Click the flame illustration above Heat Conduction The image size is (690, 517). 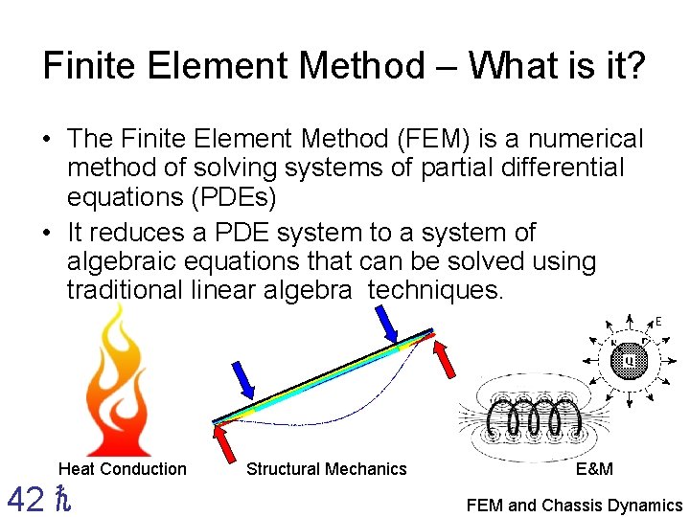click(x=120, y=383)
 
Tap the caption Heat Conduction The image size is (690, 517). click(x=123, y=469)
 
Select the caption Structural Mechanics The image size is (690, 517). click(x=327, y=469)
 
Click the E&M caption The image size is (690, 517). click(x=594, y=469)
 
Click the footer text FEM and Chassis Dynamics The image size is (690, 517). click(x=574, y=506)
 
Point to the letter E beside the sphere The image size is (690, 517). click(x=658, y=322)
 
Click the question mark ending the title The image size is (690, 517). click(x=634, y=66)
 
